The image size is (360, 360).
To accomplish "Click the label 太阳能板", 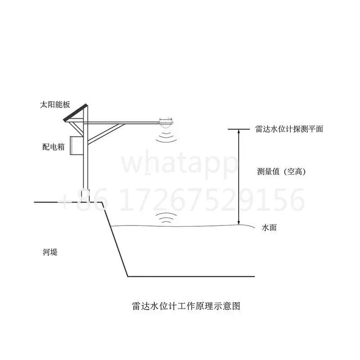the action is pos(55,105).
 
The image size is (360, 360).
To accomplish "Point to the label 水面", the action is pos(269,228).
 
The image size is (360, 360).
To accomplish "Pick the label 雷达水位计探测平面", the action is pos(289,129).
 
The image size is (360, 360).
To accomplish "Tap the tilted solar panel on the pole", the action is pos(75,113).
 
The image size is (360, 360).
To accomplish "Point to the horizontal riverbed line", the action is pos(191,276).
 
